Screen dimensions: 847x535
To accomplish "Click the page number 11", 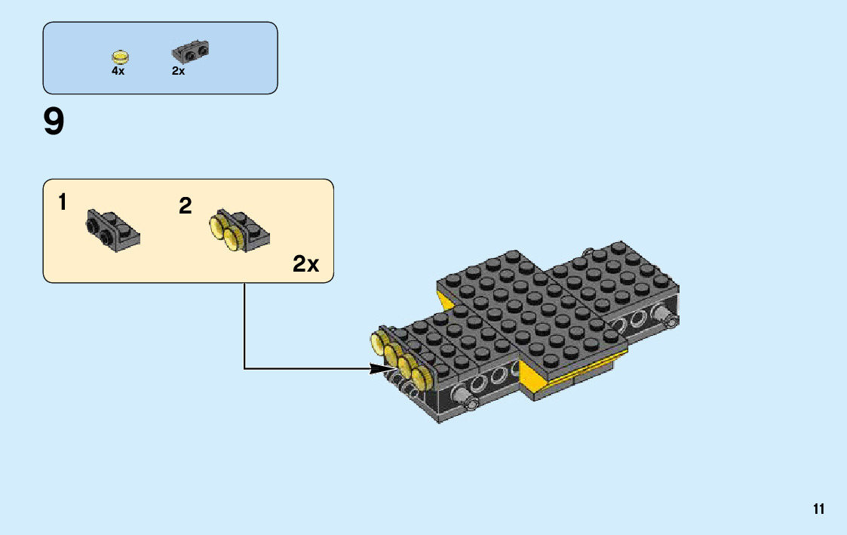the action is (x=818, y=509).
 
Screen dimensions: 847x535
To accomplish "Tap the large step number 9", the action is (x=54, y=122).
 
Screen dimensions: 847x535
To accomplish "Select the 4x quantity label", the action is (x=118, y=71).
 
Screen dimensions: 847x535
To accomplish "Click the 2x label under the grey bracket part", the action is (x=178, y=71).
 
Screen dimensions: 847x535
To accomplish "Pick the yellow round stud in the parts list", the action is (x=119, y=56).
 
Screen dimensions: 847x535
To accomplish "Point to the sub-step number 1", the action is (x=63, y=202).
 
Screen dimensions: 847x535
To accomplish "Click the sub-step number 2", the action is (x=186, y=205).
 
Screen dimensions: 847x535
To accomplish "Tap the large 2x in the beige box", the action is (x=305, y=264).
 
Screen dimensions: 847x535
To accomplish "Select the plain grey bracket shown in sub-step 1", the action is (x=112, y=230).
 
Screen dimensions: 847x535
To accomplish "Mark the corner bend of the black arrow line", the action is (x=244, y=369).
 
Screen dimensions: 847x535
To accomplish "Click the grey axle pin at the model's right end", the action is (x=668, y=318).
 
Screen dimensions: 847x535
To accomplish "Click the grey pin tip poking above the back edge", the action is (x=588, y=249).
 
